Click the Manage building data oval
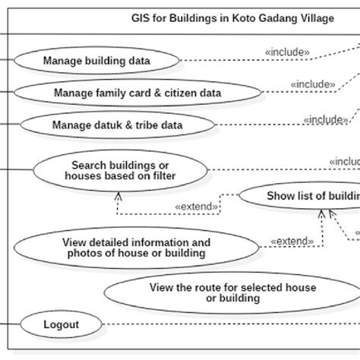point(96,60)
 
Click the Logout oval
point(61,326)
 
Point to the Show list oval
point(304,196)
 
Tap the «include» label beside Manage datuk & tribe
point(326,119)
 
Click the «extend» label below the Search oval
point(197,206)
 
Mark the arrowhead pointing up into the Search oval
point(118,194)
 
